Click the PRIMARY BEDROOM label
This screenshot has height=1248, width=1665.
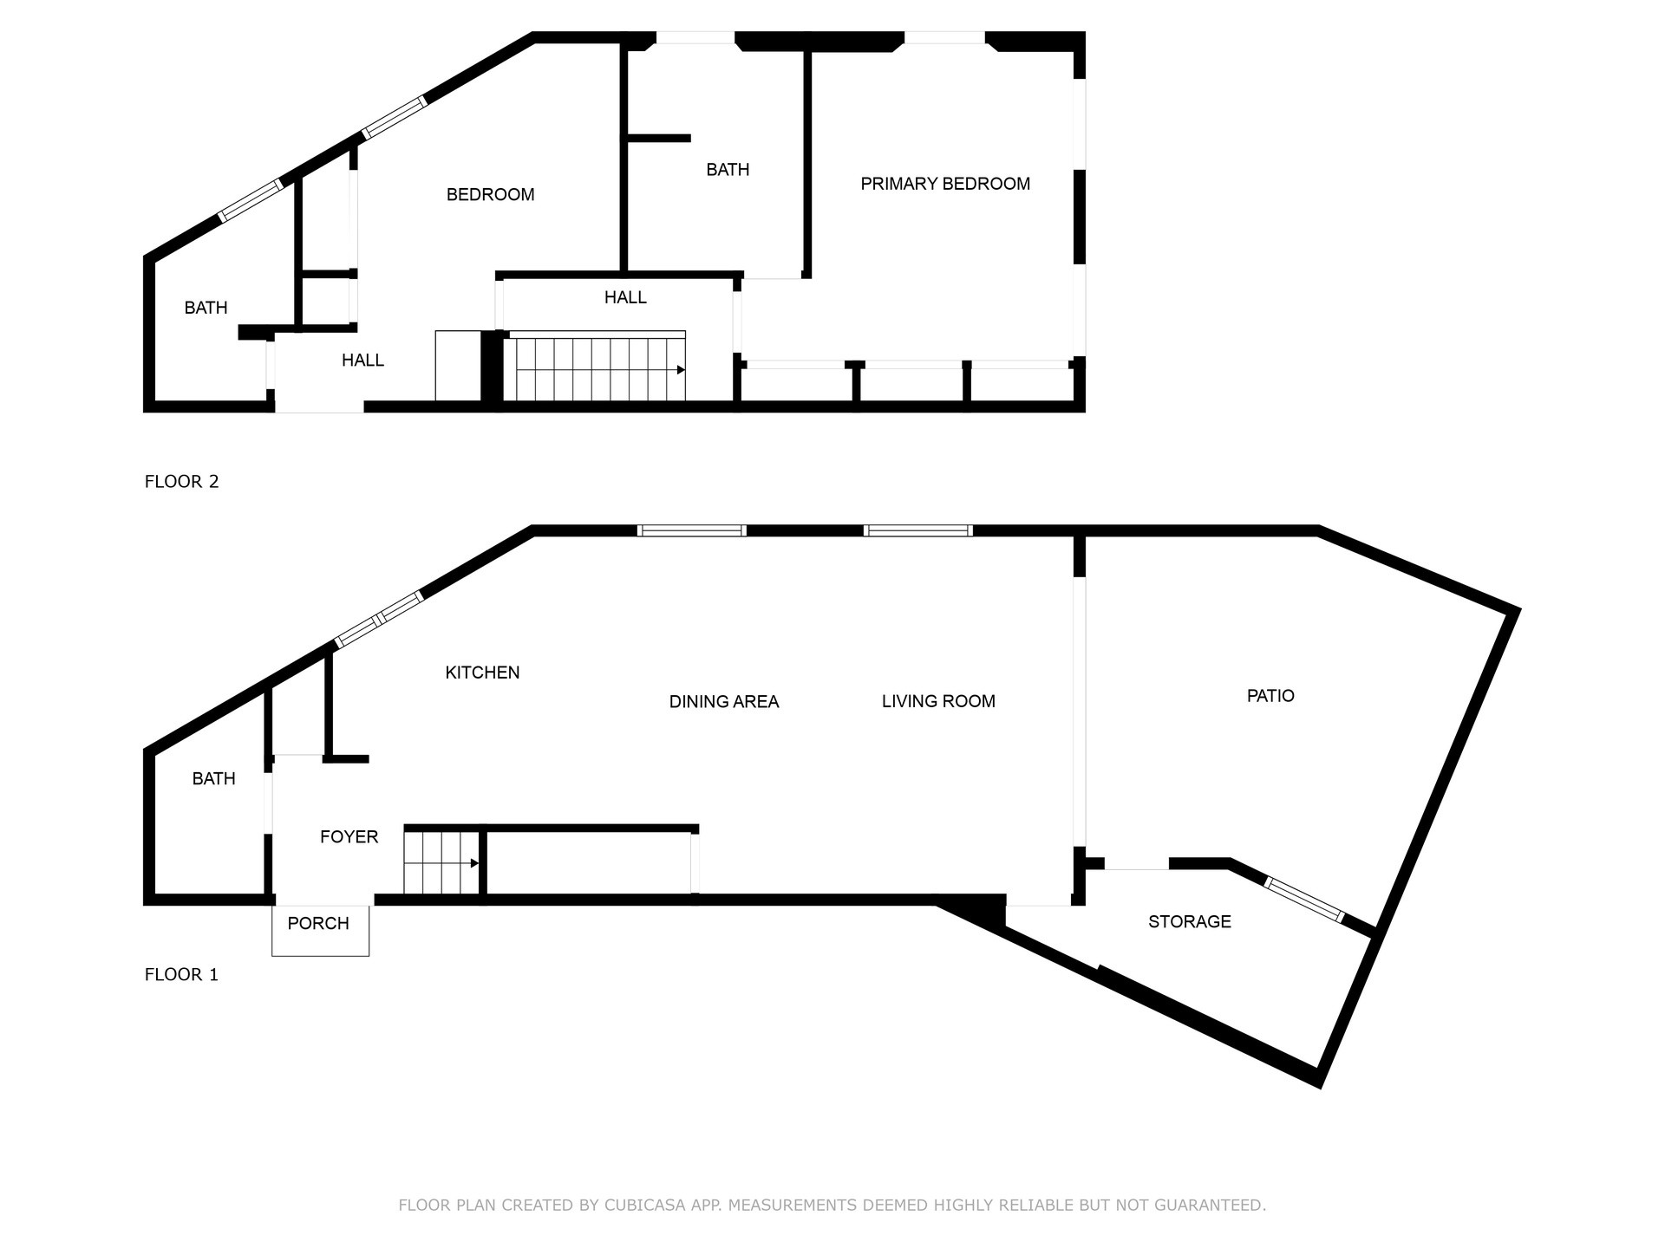[945, 184]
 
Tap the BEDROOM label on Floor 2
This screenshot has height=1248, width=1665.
[490, 195]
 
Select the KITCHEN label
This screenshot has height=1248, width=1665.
[482, 673]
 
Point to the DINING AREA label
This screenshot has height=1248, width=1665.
[724, 702]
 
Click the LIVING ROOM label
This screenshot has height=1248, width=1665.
[938, 701]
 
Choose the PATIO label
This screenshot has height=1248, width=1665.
[1270, 696]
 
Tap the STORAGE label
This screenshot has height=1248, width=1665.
[1189, 922]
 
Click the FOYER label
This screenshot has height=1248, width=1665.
[349, 837]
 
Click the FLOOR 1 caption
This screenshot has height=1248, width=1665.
[181, 975]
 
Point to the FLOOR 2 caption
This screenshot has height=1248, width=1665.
[181, 482]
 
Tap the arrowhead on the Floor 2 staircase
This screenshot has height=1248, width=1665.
[681, 370]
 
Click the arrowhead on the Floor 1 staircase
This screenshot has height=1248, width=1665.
[474, 863]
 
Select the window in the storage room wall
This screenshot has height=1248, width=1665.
[1304, 900]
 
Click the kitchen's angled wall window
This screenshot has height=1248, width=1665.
[379, 619]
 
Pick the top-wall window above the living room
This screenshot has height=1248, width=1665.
[917, 530]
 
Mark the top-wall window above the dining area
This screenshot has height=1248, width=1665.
[691, 530]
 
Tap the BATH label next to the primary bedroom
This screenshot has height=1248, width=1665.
[728, 170]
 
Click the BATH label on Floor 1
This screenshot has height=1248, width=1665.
[213, 779]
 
